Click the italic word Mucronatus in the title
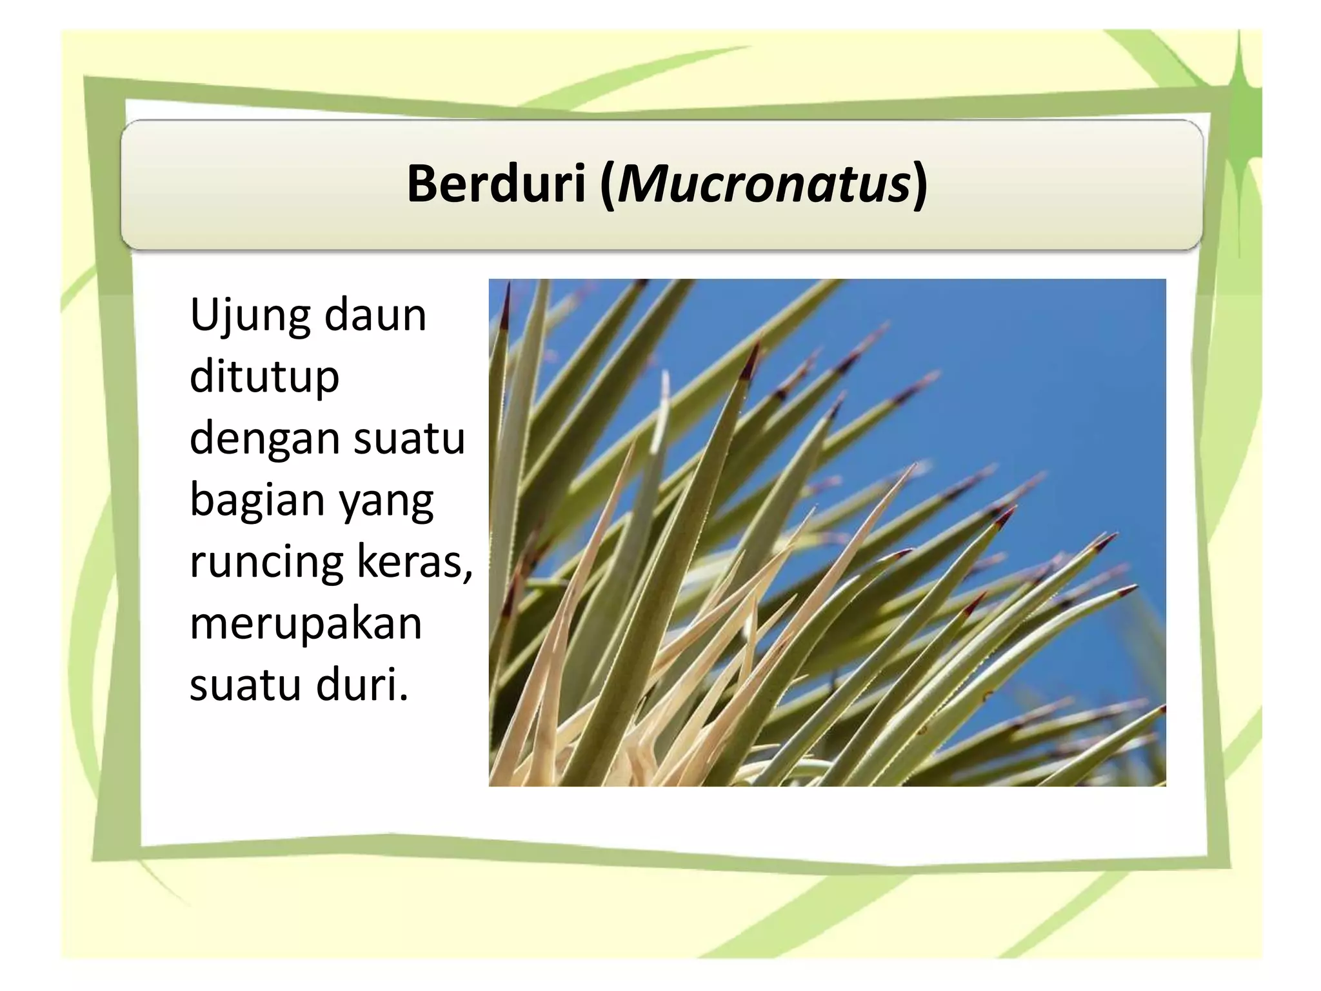[762, 184]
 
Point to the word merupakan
[306, 623]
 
